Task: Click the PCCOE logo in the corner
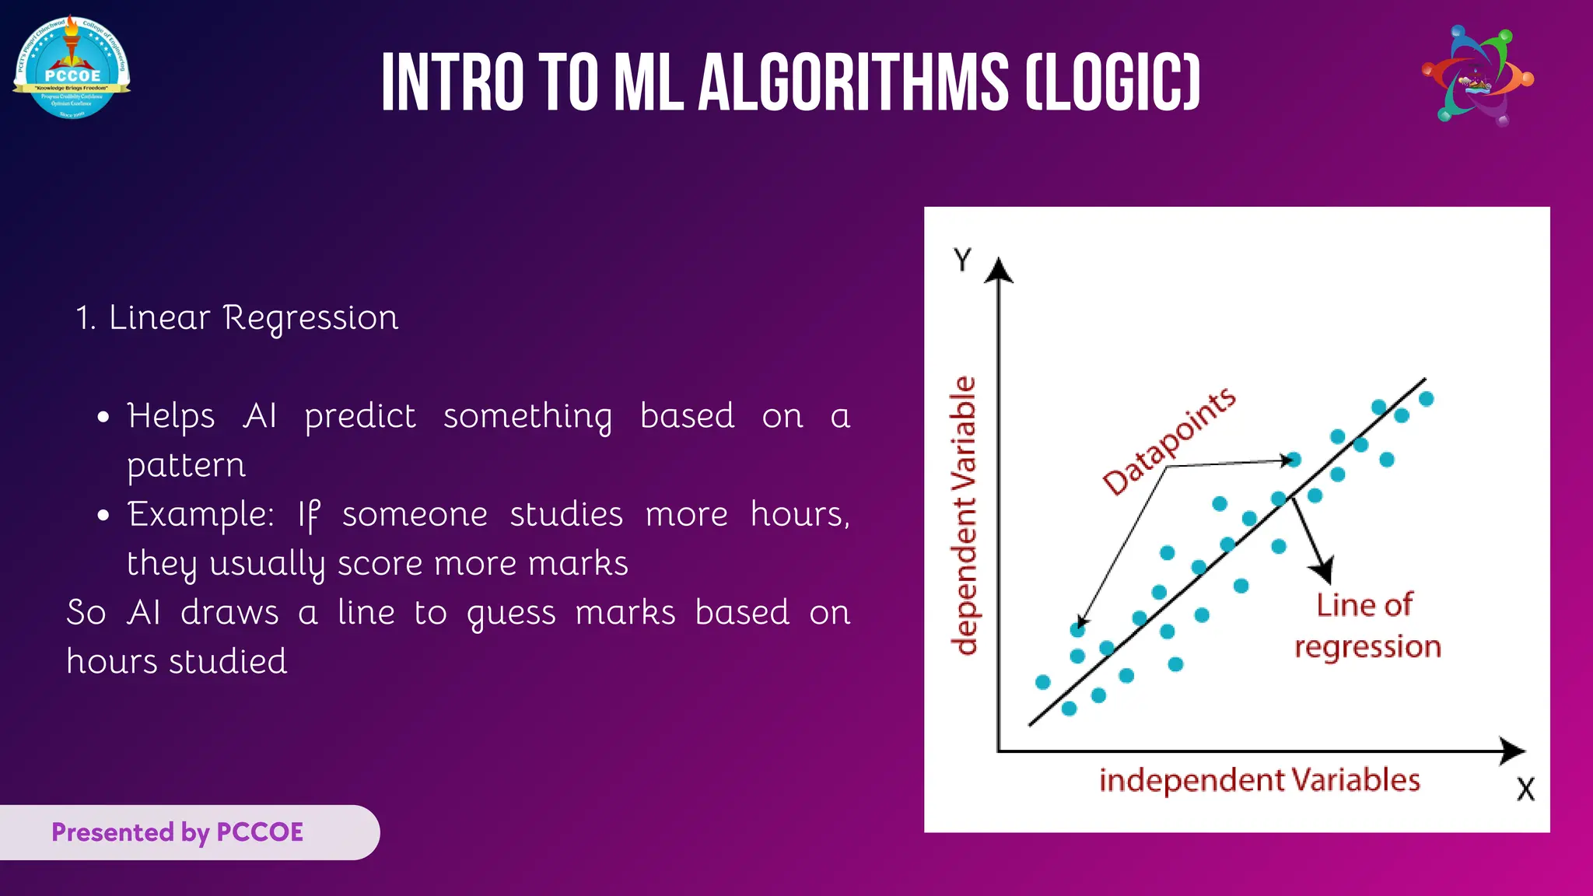72,68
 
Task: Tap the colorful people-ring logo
1477,76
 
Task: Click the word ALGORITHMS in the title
853,83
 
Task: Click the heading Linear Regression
237,318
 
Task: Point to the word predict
360,417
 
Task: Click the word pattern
187,466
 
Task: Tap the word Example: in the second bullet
201,515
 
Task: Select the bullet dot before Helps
103,418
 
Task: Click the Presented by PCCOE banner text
177,832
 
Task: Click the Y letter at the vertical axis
963,260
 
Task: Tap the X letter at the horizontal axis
1525,789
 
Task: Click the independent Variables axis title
1259,780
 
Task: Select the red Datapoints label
1169,441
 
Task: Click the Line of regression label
1367,626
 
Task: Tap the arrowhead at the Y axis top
999,270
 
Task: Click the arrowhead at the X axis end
1513,751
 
